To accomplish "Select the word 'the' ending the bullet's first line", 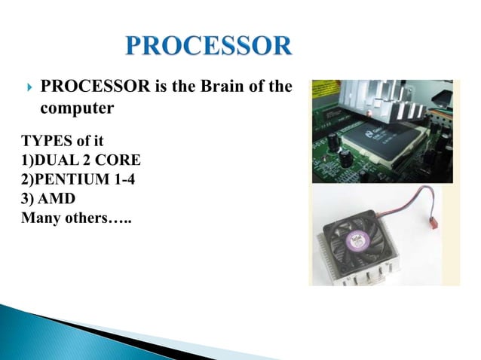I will click(x=279, y=87).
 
